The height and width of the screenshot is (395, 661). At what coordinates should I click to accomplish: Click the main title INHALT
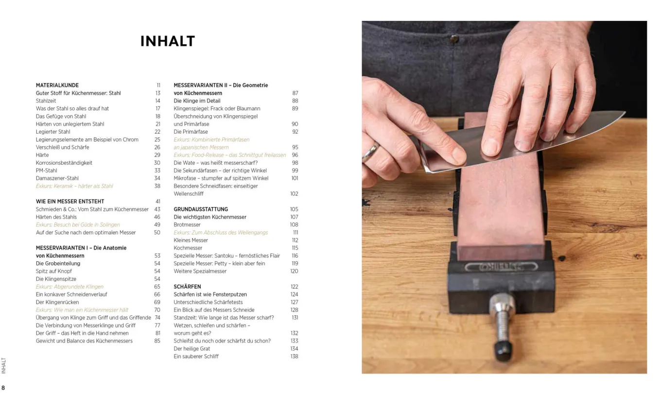pyautogui.click(x=168, y=41)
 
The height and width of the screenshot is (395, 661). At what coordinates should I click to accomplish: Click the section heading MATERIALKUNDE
pyautogui.click(x=57, y=85)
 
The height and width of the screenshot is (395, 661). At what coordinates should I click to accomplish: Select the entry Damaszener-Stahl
pyautogui.click(x=57, y=178)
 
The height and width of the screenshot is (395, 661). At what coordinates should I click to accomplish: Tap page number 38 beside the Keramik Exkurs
pyautogui.click(x=157, y=186)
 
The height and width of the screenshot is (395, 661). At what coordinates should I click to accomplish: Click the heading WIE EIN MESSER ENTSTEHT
pyautogui.click(x=70, y=202)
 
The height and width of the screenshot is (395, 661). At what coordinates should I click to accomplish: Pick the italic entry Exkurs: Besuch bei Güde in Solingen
pyautogui.click(x=78, y=225)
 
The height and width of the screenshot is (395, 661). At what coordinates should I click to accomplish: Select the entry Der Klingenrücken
pyautogui.click(x=57, y=302)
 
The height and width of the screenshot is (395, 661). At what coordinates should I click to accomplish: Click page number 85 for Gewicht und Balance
pyautogui.click(x=157, y=341)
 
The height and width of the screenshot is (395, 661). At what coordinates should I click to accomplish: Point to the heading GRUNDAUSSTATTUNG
pyautogui.click(x=201, y=209)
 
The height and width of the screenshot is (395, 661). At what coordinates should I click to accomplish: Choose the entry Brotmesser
pyautogui.click(x=187, y=225)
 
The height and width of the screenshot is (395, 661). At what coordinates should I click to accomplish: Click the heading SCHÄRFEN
pyautogui.click(x=188, y=287)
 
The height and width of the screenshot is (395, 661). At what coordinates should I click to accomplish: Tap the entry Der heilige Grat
pyautogui.click(x=192, y=349)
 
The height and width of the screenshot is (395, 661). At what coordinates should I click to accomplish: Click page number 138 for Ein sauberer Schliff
pyautogui.click(x=294, y=356)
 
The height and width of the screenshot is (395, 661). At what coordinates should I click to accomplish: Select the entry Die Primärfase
pyautogui.click(x=191, y=132)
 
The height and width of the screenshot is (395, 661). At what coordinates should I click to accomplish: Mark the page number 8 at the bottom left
pyautogui.click(x=3, y=388)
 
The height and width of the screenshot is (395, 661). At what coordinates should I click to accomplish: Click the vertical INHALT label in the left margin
pyautogui.click(x=4, y=366)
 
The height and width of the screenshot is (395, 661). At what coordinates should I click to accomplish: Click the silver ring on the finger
pyautogui.click(x=371, y=152)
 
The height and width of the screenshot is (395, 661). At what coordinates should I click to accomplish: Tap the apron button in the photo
pyautogui.click(x=454, y=38)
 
